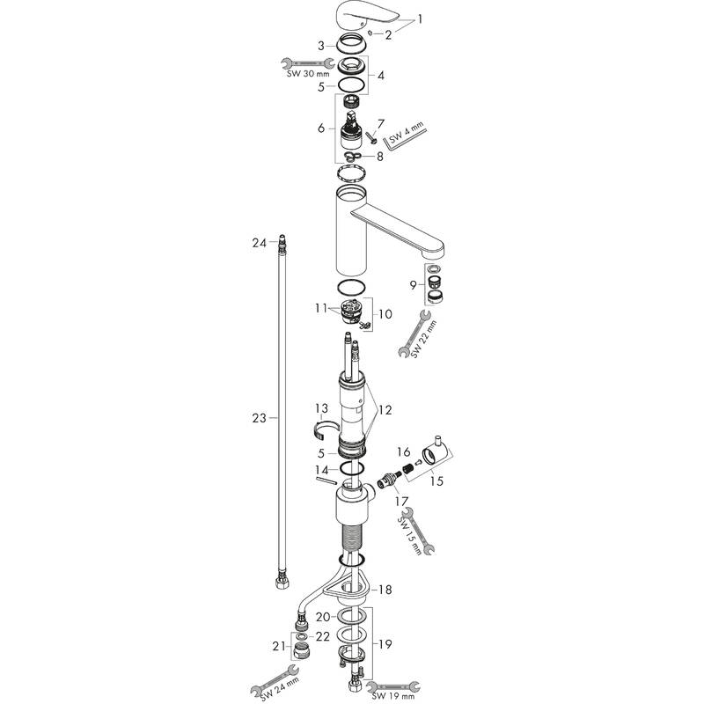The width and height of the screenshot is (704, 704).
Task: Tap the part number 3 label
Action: click(x=321, y=46)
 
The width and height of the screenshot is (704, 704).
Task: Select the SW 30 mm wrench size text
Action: click(x=307, y=74)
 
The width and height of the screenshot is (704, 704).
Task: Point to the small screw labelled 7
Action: click(x=370, y=137)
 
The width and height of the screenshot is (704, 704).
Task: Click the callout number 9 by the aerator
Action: click(x=413, y=284)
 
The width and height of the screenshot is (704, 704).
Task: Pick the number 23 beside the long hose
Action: click(x=259, y=418)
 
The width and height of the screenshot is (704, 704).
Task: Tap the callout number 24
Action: click(x=259, y=243)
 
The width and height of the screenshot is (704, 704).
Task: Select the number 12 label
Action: click(x=385, y=410)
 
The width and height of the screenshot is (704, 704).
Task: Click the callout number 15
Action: click(x=436, y=480)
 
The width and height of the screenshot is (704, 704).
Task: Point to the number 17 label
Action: click(x=402, y=500)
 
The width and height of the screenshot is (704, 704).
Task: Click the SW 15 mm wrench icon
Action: click(x=418, y=532)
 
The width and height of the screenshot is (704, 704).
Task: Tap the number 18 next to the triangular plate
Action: click(x=385, y=590)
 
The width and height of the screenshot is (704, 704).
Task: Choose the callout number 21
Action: click(x=279, y=646)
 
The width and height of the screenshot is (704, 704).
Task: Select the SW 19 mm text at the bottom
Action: click(x=393, y=696)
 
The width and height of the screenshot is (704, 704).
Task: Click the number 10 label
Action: click(x=385, y=314)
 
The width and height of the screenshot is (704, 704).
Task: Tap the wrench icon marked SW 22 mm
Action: click(x=414, y=334)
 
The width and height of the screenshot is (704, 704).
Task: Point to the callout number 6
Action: click(x=321, y=128)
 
